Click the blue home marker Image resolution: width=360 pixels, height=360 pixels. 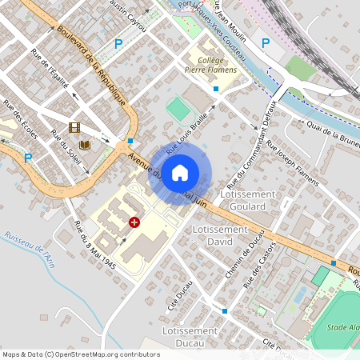tap(180, 172)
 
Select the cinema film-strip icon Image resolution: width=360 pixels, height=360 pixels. tap(74, 127)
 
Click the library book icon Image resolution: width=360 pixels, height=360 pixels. tap(85, 145)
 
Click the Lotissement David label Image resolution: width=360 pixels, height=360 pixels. tap(221, 234)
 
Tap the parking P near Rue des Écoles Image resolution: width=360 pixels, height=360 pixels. tap(28, 158)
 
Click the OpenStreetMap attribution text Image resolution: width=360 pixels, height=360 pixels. tap(81, 354)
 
